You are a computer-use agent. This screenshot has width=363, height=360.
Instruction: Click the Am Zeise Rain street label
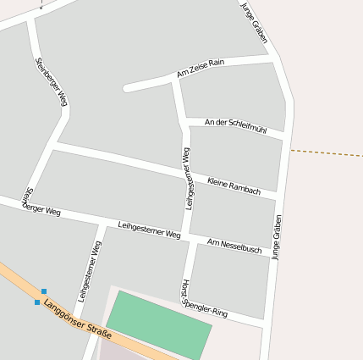tap(201, 69)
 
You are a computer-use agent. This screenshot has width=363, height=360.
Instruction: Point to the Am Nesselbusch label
tap(234, 246)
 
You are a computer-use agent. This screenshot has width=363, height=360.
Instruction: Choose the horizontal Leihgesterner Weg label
tap(150, 229)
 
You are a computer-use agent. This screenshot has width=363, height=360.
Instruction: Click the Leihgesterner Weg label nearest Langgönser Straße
tap(90, 271)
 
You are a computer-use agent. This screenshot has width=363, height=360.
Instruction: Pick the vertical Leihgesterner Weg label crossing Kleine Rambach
tap(188, 178)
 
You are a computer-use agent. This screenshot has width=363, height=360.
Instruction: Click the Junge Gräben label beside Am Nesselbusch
tap(276, 237)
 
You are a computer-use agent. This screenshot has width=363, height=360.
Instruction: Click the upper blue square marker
tap(44, 291)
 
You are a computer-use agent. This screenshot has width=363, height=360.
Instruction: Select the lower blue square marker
tap(37, 302)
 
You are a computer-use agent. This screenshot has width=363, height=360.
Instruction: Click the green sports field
tap(161, 324)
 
